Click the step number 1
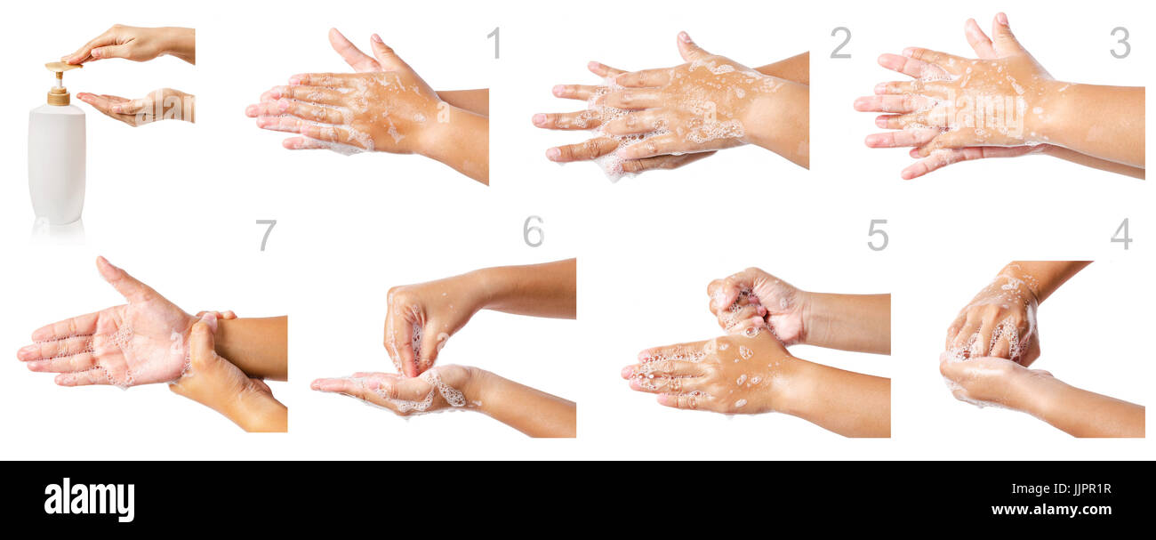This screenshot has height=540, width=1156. [494, 43]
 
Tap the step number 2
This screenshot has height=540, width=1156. [839, 43]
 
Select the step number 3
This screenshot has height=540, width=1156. [1120, 43]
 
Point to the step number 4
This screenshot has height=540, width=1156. [1120, 234]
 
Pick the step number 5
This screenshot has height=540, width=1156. [877, 235]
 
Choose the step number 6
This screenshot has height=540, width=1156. [533, 231]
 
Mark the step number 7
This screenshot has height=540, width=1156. [266, 235]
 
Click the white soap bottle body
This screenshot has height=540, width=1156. [57, 165]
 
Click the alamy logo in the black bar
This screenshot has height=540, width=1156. [89, 499]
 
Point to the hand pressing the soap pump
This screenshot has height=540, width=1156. [133, 43]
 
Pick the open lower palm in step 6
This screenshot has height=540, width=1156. [400, 390]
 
